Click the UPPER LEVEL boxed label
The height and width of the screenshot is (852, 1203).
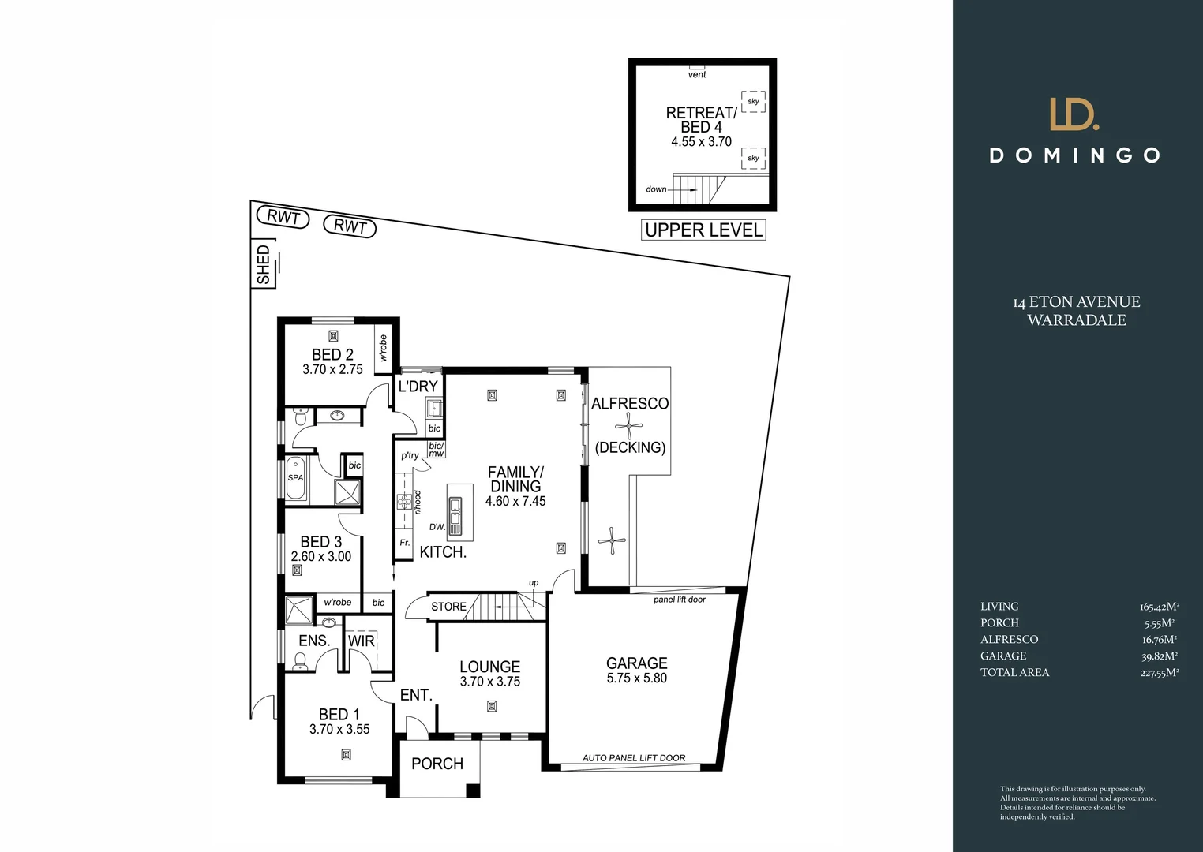(x=703, y=230)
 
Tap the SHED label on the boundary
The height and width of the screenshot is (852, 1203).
(x=264, y=265)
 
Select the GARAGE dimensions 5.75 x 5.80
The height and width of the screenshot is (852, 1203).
(x=636, y=678)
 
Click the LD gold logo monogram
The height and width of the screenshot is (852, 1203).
(x=1074, y=114)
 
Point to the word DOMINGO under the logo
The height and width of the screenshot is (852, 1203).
(x=1075, y=155)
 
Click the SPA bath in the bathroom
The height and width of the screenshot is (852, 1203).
(x=295, y=478)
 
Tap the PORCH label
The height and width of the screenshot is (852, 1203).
(x=437, y=764)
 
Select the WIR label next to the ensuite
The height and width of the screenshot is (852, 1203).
(x=362, y=641)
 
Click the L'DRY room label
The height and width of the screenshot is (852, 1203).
(x=418, y=387)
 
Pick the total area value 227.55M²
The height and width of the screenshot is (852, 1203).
(x=1159, y=673)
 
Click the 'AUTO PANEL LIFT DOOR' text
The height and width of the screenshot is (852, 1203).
(x=634, y=758)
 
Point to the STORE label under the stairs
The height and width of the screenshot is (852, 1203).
(x=448, y=607)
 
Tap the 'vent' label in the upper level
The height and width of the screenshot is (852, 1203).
(x=697, y=75)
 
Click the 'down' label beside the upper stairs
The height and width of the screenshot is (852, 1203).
(x=656, y=189)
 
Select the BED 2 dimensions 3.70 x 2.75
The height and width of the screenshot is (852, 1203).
(x=332, y=369)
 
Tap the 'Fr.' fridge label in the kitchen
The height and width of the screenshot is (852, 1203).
(x=404, y=543)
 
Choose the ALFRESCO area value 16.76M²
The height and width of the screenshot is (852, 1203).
(x=1159, y=640)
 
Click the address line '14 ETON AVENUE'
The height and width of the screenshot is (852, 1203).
(x=1076, y=302)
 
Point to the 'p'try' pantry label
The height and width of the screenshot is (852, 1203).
(x=410, y=455)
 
